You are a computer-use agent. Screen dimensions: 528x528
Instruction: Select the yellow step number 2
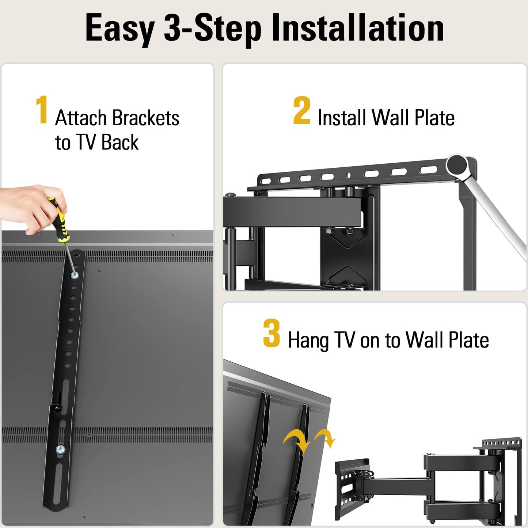point(302,110)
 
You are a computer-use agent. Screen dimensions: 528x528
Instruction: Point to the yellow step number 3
point(271,333)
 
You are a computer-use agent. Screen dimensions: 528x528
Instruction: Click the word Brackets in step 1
point(145,118)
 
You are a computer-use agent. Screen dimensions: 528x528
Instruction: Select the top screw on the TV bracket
point(75,275)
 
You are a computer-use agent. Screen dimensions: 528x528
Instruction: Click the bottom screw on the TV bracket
point(61,449)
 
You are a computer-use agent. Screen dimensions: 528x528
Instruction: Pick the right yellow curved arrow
point(325,437)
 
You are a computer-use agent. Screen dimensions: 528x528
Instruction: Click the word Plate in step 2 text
point(434,118)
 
